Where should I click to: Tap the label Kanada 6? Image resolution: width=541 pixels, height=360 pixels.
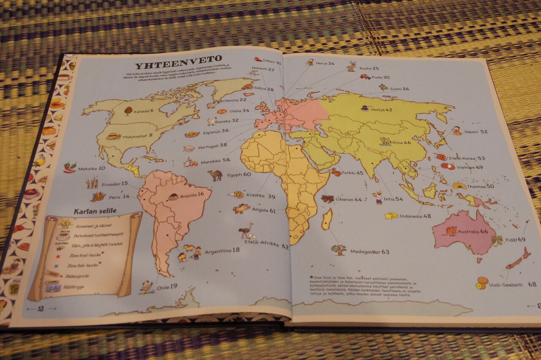[x=144, y=111]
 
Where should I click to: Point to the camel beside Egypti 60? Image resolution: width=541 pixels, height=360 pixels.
[x=215, y=175]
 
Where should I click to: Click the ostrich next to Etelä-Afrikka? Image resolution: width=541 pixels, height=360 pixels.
[x=246, y=231]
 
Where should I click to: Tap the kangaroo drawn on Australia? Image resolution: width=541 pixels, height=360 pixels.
[x=451, y=231]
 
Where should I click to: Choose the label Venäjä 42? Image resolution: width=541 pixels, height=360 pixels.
[x=383, y=110]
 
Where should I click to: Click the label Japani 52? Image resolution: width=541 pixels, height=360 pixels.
[x=475, y=131]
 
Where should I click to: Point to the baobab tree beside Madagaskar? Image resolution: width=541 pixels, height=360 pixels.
[x=339, y=250]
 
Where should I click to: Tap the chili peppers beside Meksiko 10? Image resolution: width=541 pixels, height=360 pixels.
[x=70, y=167]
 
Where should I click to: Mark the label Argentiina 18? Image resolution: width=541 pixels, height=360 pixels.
[x=222, y=251]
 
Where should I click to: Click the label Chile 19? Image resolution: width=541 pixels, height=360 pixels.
[x=167, y=287]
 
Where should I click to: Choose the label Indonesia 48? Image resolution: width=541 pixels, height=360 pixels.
[x=415, y=216]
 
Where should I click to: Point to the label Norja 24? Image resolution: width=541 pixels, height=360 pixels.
[x=325, y=63]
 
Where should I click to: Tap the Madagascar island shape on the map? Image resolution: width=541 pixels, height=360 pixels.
[x=327, y=219]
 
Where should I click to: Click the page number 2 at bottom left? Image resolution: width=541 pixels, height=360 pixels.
[x=41, y=308]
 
